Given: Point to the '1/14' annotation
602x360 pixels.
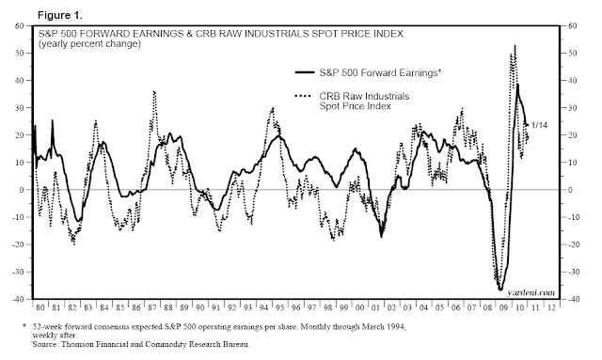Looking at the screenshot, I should click(x=540, y=124).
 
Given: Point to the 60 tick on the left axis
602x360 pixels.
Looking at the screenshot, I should click(x=20, y=25).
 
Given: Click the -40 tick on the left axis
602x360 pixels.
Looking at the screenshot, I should click(x=18, y=300).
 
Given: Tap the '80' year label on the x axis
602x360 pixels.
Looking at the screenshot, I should click(x=40, y=307).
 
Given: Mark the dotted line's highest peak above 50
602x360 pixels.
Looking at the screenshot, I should click(x=515, y=45).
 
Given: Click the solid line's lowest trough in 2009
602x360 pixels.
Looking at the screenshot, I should click(x=500, y=289).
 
